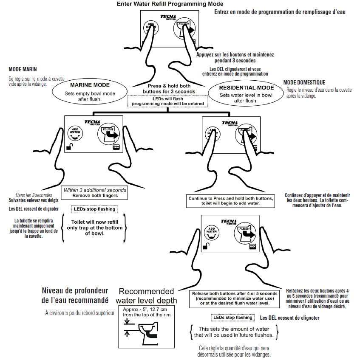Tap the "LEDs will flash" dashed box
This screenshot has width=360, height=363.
click(x=167, y=101)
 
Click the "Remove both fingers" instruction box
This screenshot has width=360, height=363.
click(x=94, y=193)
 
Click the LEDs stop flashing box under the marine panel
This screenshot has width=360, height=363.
click(x=94, y=209)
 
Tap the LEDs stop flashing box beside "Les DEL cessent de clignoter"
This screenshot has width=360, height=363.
click(x=232, y=317)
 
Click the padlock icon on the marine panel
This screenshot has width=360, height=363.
click(x=69, y=147)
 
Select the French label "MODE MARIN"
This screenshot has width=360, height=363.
click(x=23, y=69)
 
